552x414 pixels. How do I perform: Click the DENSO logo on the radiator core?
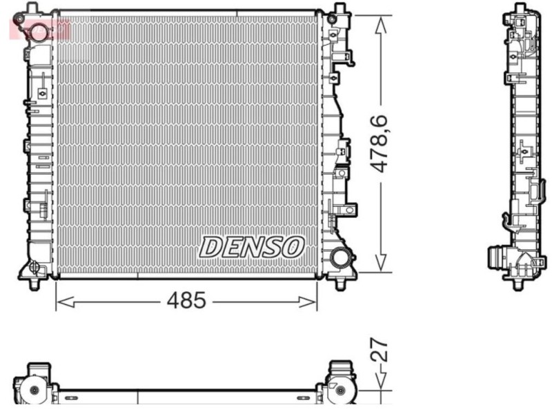click(252, 246)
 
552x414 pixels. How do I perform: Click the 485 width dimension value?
click(186, 301)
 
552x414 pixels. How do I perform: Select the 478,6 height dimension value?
click(381, 144)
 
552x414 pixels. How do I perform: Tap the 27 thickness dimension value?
click(381, 350)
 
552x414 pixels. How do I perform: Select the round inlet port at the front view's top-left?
click(39, 31)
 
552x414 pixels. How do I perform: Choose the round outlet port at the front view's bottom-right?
click(340, 258)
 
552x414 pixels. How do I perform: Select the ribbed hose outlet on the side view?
click(495, 259)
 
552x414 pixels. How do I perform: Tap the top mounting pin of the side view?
click(519, 8)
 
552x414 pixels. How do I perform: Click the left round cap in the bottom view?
click(34, 391)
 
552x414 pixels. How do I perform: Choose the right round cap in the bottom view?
click(340, 391)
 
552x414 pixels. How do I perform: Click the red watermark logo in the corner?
click(39, 28)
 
